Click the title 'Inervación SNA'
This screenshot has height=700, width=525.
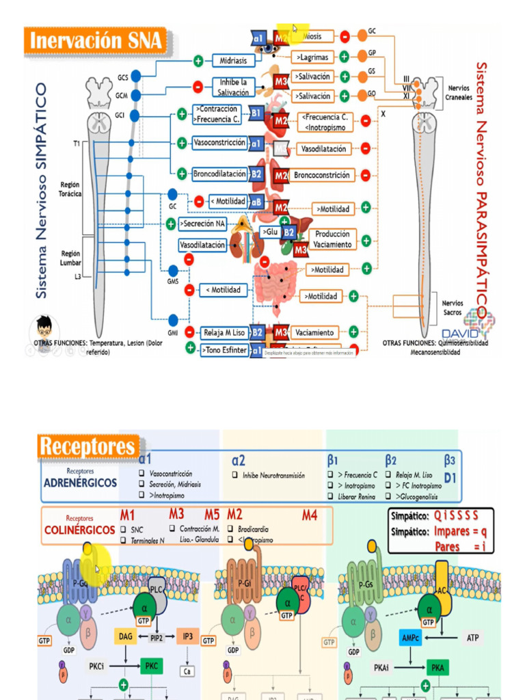[x=95, y=40]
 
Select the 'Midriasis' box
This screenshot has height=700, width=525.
[x=233, y=60]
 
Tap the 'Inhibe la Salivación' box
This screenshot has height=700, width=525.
[x=234, y=87]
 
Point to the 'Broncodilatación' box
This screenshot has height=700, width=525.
[x=219, y=174]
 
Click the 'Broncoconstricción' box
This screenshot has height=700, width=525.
[x=322, y=175]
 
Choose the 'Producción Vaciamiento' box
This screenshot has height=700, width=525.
[x=333, y=239]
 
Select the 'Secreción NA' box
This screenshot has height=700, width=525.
[x=203, y=224]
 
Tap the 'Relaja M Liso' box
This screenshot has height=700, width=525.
[x=223, y=333]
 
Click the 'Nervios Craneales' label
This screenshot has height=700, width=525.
[x=459, y=92]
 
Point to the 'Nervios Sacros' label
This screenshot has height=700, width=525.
[x=453, y=307]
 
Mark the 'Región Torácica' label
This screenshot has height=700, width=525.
[x=70, y=189]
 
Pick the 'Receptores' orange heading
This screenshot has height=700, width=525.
[x=87, y=446]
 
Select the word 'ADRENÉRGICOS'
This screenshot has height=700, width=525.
[x=80, y=483]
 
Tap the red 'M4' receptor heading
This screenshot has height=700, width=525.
[x=310, y=515]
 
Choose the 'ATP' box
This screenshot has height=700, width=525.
[x=472, y=637]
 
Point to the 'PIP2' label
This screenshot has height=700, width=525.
[x=157, y=636]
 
